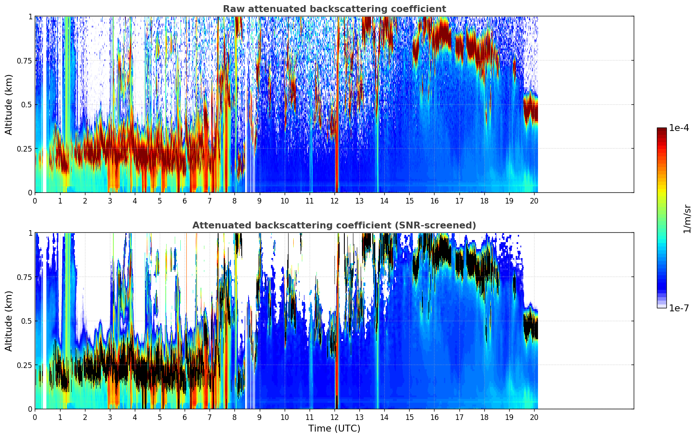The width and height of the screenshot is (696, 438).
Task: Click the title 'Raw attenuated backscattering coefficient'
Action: point(334,9)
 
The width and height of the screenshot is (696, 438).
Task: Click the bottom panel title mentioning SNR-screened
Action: point(334,225)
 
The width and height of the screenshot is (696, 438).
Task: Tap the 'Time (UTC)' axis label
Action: point(334,429)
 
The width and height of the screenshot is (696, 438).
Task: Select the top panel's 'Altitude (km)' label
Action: point(9,104)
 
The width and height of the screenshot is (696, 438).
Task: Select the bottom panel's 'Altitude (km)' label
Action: point(9,321)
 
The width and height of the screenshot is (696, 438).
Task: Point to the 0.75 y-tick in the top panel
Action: point(24,61)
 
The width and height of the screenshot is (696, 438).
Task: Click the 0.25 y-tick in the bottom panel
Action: point(24,365)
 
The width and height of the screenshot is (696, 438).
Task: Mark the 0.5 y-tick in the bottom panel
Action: point(27,321)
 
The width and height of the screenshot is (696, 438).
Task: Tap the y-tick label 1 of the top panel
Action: point(30,16)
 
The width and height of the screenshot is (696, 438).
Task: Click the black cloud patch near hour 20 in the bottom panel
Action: point(531,326)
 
